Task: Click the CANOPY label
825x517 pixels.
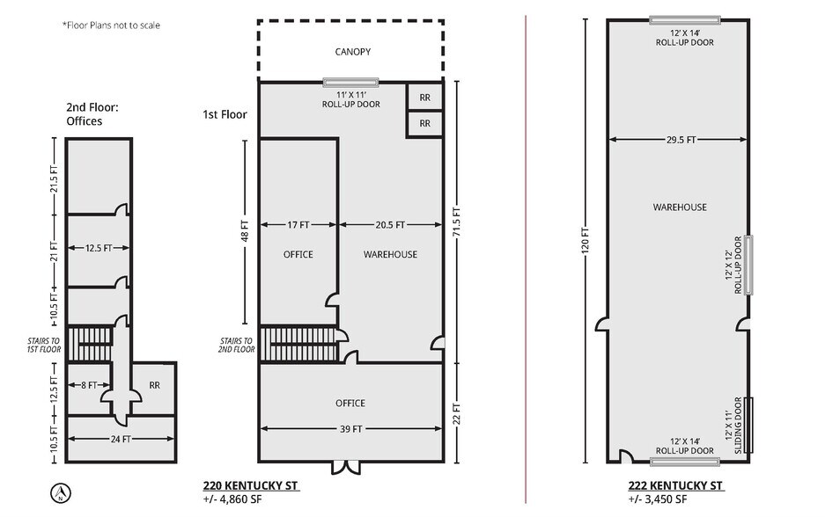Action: pyautogui.click(x=352, y=52)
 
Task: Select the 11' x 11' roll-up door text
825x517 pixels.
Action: pyautogui.click(x=351, y=98)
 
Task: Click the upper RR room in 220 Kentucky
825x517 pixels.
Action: pyautogui.click(x=424, y=98)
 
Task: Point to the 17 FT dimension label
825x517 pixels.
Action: pyautogui.click(x=299, y=225)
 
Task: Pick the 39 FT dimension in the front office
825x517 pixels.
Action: pyautogui.click(x=350, y=429)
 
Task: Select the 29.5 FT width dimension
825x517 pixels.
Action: pyautogui.click(x=679, y=139)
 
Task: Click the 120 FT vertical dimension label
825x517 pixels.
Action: pyautogui.click(x=586, y=242)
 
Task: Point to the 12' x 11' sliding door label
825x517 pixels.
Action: pyautogui.click(x=733, y=425)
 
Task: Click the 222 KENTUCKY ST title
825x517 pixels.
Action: pyautogui.click(x=675, y=485)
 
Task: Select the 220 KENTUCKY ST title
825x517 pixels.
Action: pyautogui.click(x=251, y=485)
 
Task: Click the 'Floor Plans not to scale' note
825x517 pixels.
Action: pyautogui.click(x=111, y=25)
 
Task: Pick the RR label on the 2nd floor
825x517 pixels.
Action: pyautogui.click(x=154, y=384)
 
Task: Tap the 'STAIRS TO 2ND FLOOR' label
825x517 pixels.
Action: pyautogui.click(x=237, y=345)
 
